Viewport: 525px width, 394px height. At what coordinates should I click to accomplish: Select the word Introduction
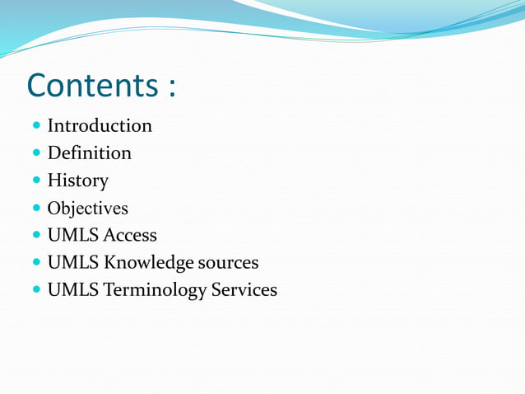tap(100, 126)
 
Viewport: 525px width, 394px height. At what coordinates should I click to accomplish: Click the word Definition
tap(89, 153)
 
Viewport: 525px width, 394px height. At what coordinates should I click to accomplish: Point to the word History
tap(77, 181)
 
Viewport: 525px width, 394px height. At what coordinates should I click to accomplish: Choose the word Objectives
tap(87, 208)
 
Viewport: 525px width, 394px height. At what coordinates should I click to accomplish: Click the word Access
tap(130, 235)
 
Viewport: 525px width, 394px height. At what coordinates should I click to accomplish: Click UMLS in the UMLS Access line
tap(72, 235)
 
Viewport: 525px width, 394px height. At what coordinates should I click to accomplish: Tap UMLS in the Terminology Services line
tap(72, 290)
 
